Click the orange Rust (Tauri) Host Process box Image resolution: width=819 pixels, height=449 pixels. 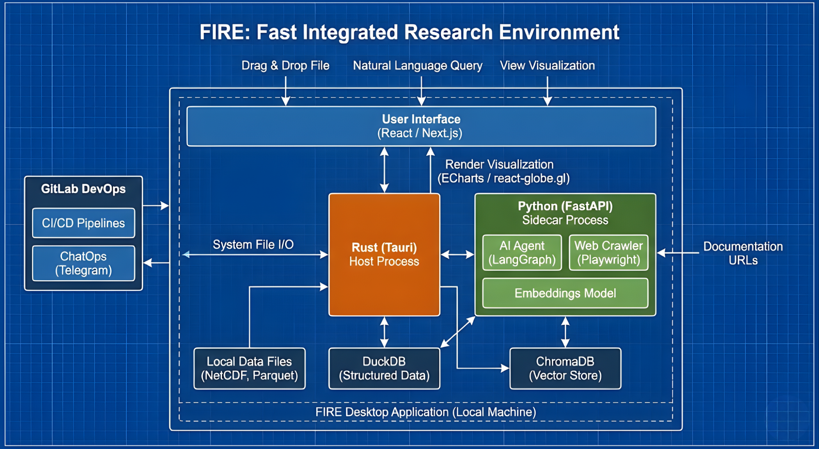pyautogui.click(x=384, y=255)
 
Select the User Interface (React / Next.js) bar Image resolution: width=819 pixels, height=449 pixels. pyautogui.click(x=421, y=126)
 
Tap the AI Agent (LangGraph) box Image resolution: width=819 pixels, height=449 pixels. pyautogui.click(x=522, y=253)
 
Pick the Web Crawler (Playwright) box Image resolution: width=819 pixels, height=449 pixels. pyautogui.click(x=608, y=253)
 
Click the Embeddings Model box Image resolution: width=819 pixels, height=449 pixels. pyautogui.click(x=565, y=293)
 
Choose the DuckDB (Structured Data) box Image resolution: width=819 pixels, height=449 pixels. pyautogui.click(x=384, y=368)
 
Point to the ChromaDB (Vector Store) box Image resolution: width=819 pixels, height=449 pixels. pyautogui.click(x=565, y=368)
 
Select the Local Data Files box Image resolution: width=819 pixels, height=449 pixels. pyautogui.click(x=249, y=368)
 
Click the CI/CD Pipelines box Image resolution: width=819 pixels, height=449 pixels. pyautogui.click(x=83, y=223)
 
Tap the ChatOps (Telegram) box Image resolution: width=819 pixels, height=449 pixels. pyautogui.click(x=83, y=263)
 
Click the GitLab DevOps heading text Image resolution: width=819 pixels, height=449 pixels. pyautogui.click(x=83, y=189)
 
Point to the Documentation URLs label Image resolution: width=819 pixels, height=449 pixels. pyautogui.click(x=743, y=253)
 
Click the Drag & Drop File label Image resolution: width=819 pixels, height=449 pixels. pyautogui.click(x=285, y=66)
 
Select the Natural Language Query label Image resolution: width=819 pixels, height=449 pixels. pyautogui.click(x=417, y=66)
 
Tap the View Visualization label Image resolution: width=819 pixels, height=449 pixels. pyautogui.click(x=547, y=66)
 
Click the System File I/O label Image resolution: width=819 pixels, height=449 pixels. pyautogui.click(x=253, y=244)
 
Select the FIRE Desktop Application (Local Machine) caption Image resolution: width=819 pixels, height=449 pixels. pyautogui.click(x=425, y=412)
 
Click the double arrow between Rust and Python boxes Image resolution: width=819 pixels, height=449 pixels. pyautogui.click(x=457, y=255)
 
